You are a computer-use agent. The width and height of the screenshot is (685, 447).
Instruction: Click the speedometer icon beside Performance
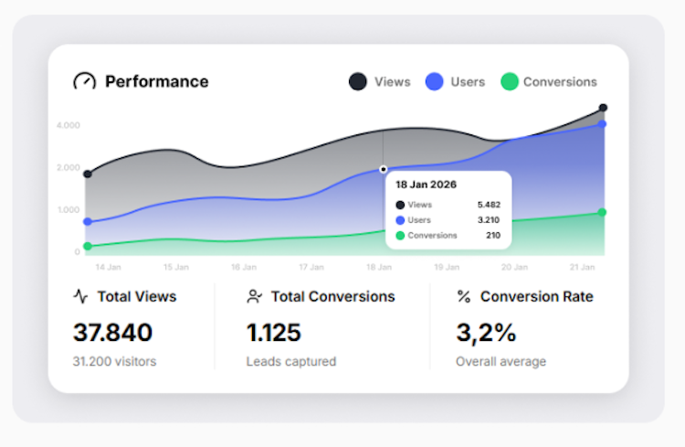pos(84,81)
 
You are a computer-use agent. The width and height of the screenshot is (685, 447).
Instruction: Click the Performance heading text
pos(156,81)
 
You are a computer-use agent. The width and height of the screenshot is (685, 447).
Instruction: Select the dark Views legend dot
pos(358,81)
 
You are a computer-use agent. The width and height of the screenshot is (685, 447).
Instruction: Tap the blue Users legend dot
pos(434,81)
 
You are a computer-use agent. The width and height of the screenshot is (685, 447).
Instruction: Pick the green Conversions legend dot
pos(509,81)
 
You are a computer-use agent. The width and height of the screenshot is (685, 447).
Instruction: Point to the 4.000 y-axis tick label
pos(68,124)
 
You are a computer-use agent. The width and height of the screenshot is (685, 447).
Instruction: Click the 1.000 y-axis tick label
pos(68,209)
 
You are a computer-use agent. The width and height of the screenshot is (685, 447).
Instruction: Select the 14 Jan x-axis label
pos(108,268)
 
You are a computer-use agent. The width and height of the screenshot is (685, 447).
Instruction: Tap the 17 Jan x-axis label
pos(311,268)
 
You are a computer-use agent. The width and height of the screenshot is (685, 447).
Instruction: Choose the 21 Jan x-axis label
pos(583,268)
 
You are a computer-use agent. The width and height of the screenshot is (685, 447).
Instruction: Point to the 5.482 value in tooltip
pos(489,205)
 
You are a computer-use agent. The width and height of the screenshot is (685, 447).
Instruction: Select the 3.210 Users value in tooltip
pos(489,220)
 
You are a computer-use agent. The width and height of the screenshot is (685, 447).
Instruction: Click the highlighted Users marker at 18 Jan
pos(384,169)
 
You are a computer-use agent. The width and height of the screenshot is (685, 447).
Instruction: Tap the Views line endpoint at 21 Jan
pos(603,108)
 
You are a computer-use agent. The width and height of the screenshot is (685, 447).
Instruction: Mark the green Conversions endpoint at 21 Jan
pos(602,212)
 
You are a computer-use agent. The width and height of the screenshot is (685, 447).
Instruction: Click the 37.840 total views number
pos(112,332)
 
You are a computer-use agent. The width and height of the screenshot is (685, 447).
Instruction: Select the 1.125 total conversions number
pos(274,332)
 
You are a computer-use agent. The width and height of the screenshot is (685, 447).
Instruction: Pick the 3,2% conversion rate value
pos(485,332)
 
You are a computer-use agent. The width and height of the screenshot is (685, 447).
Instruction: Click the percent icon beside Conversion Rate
pos(464,296)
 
